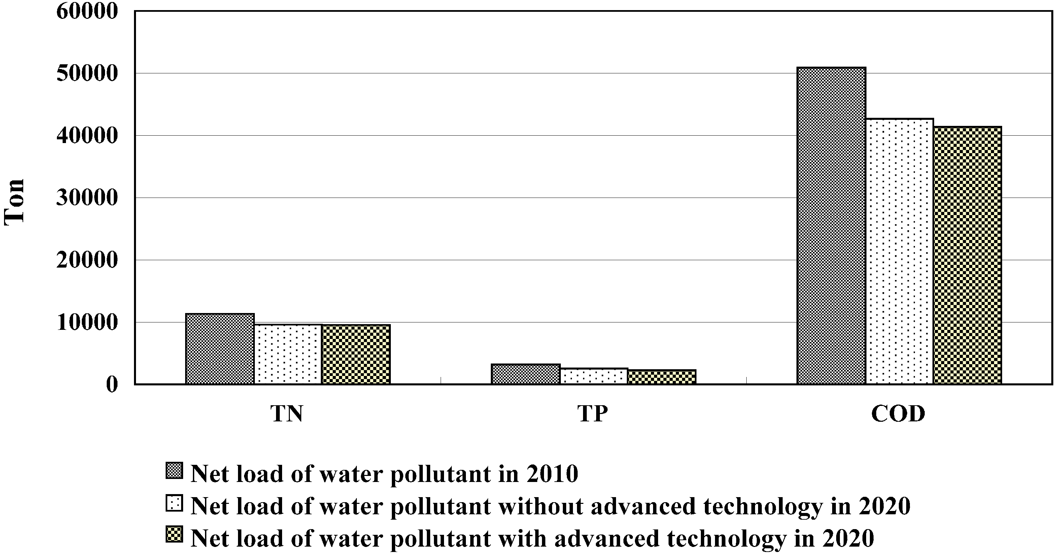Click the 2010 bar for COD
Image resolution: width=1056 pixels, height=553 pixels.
[x=831, y=226]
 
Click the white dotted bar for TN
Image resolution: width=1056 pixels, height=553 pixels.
[x=288, y=355]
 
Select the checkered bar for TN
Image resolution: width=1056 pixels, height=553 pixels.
[x=356, y=355]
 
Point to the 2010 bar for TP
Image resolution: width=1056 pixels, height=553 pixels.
[x=525, y=374]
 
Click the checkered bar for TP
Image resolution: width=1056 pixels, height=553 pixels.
[x=661, y=377]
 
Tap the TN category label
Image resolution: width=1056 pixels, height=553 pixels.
[x=286, y=414]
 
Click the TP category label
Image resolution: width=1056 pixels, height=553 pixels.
[x=592, y=414]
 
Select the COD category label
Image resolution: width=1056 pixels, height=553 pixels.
[x=898, y=414]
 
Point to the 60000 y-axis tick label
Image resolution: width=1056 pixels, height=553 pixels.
[x=87, y=11]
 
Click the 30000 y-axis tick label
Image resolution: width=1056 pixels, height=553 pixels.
[x=87, y=198]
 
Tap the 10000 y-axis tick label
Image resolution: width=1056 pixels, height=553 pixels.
[x=87, y=323]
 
